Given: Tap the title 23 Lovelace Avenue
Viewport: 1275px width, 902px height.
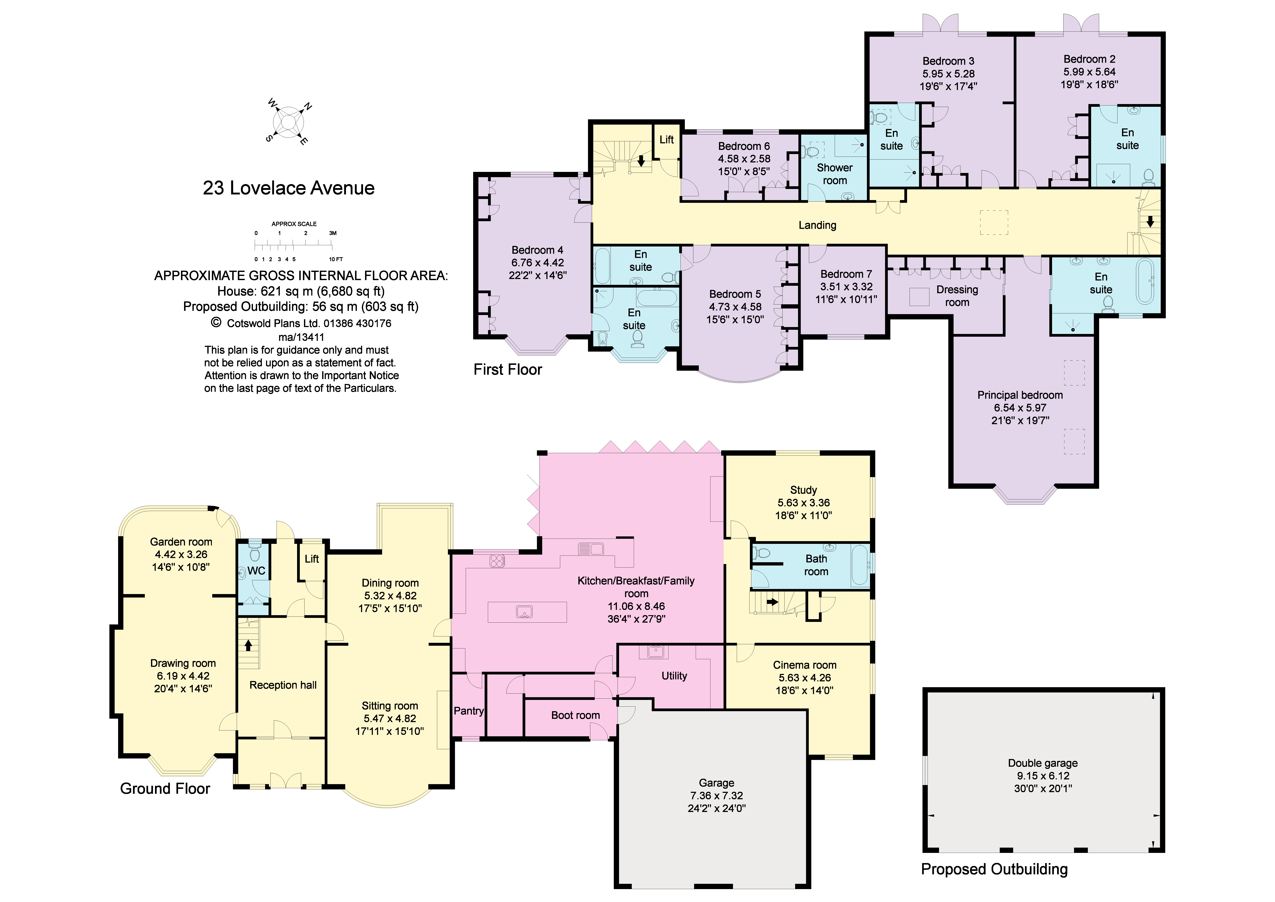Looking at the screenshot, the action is pos(289,188).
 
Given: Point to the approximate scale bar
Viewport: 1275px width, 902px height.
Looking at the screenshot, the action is pos(294,243).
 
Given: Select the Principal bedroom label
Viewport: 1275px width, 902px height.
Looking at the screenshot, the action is pos(1020,395).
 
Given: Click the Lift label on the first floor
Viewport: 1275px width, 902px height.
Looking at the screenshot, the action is pos(666,140).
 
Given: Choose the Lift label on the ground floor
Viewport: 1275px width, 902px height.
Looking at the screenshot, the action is pos(312,559).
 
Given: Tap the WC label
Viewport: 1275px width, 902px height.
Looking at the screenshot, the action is pos(256,571).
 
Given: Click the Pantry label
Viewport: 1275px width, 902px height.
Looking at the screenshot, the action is pos(469,711).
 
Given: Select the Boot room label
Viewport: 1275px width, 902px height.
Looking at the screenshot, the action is pos(575,715).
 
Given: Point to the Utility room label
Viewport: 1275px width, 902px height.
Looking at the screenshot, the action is pos(674,676).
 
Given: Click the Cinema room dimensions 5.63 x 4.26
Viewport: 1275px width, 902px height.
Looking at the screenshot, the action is pos(805,678).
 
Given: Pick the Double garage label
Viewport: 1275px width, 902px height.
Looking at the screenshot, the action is pos(1043,763).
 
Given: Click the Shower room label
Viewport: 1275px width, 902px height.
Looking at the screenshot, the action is pos(835,174).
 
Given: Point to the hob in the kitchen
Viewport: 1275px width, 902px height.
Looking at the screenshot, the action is pos(497,561).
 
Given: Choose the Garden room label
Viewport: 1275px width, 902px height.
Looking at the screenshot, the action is pos(181,542).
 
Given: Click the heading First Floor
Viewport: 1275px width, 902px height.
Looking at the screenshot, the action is pos(507,370).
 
